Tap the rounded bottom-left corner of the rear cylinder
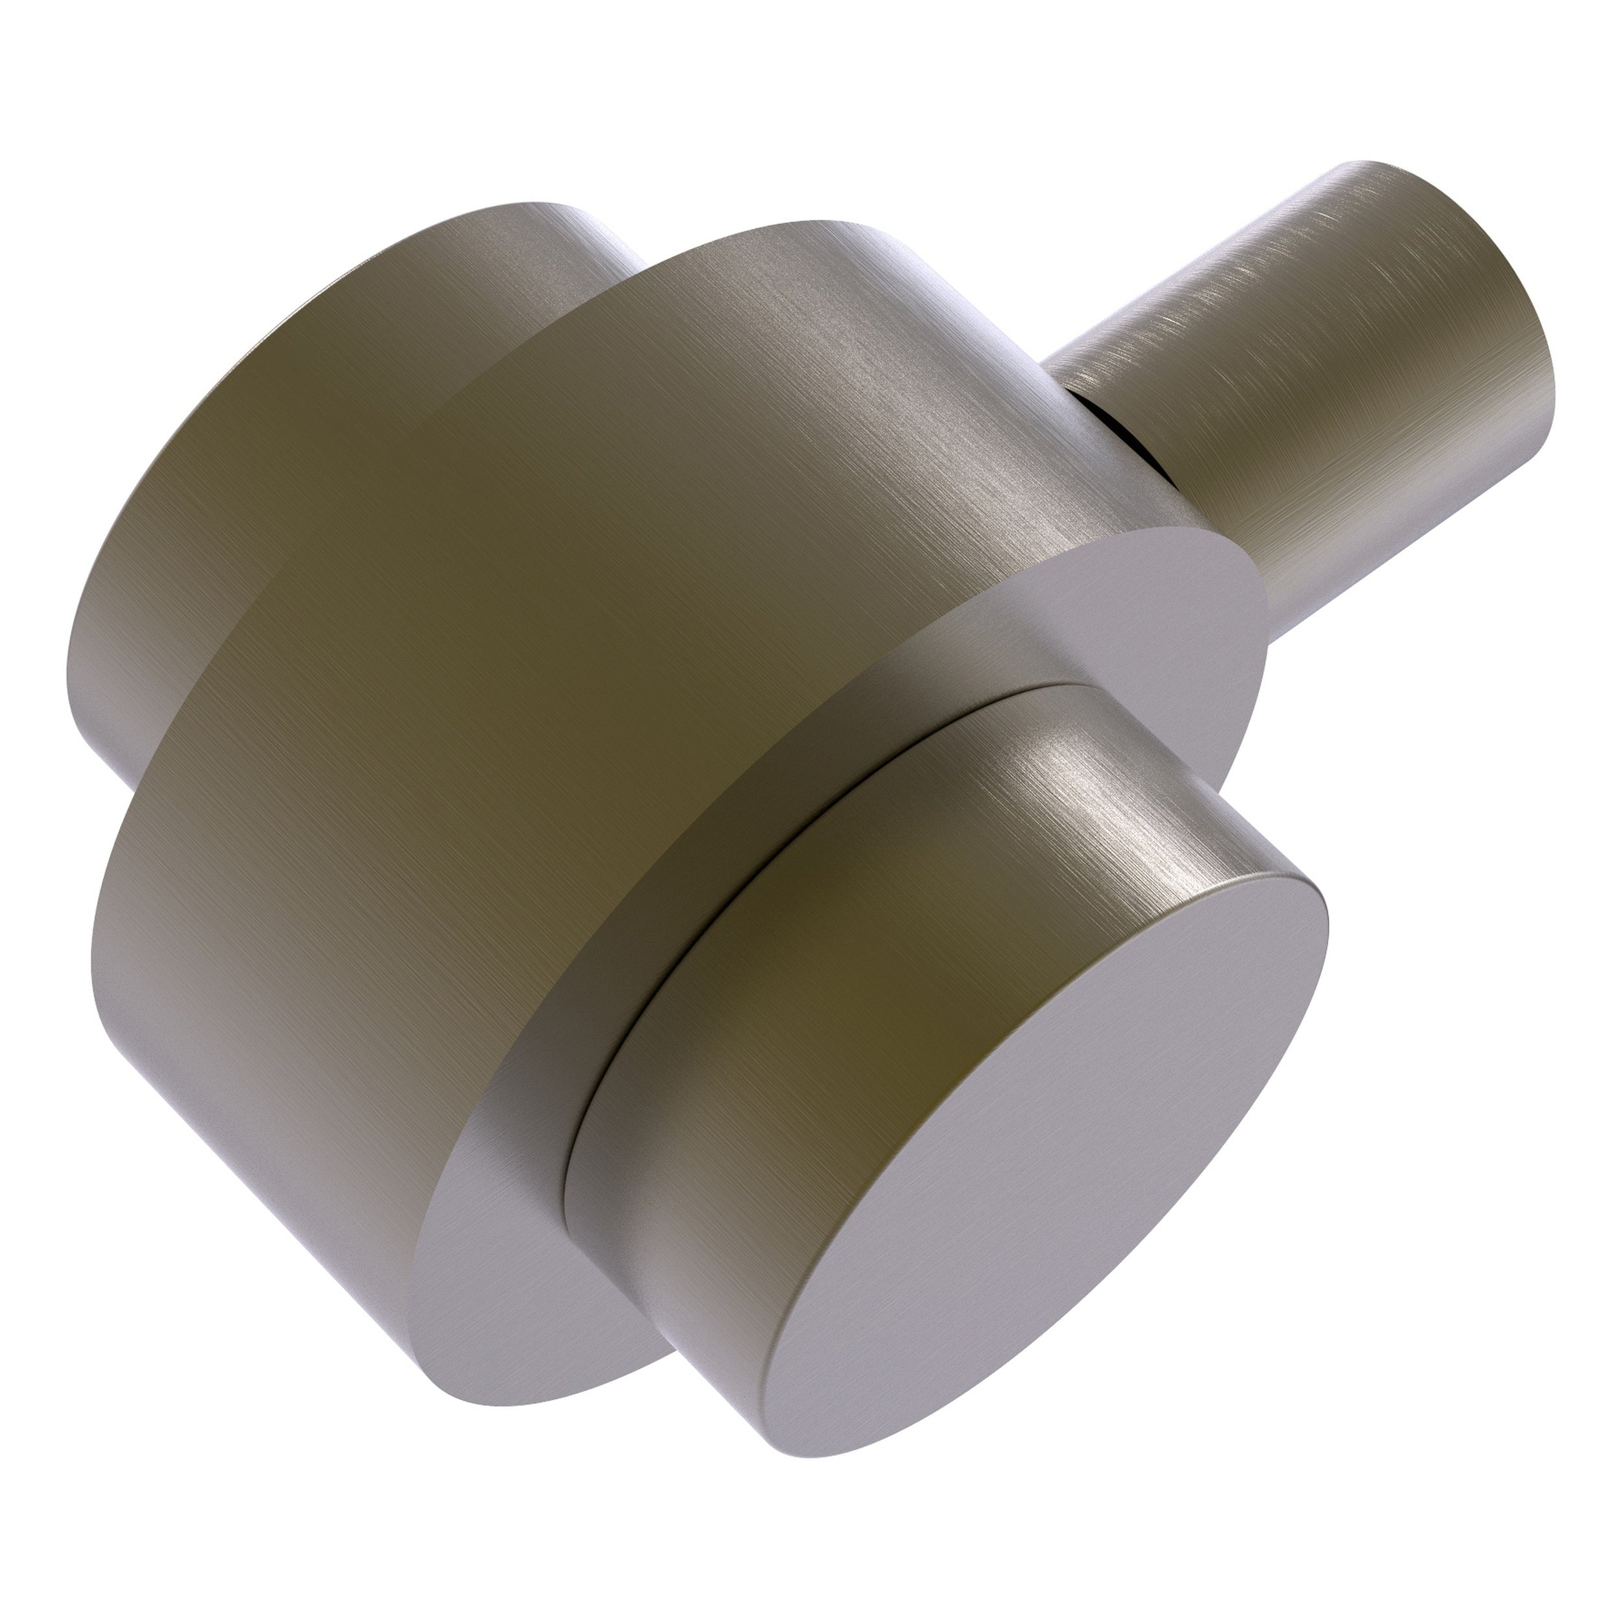tap(101, 722)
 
